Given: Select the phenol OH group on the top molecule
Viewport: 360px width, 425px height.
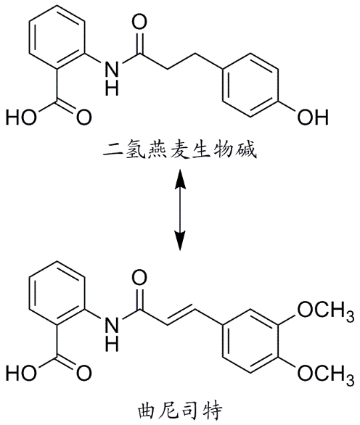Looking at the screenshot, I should pyautogui.click(x=317, y=115).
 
